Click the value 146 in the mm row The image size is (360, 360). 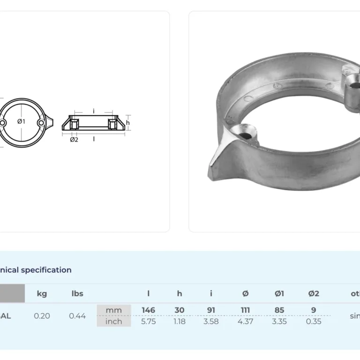pyautogui.click(x=148, y=310)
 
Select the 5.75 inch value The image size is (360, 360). pyautogui.click(x=148, y=322)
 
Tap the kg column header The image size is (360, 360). pyautogui.click(x=42, y=294)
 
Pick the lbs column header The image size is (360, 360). pyautogui.click(x=77, y=294)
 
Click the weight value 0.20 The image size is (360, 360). pyautogui.click(x=42, y=316)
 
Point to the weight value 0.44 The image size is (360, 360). pyautogui.click(x=77, y=316)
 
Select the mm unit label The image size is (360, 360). pyautogui.click(x=113, y=310)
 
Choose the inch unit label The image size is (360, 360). pyautogui.click(x=113, y=322)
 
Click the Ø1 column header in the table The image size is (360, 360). pyautogui.click(x=279, y=294)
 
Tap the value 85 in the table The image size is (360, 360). pyautogui.click(x=279, y=310)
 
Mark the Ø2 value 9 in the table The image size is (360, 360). pyautogui.click(x=314, y=310)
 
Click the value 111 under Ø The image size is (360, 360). pyautogui.click(x=245, y=310)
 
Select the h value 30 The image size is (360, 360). pyautogui.click(x=180, y=310)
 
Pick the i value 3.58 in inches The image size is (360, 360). pyautogui.click(x=211, y=322)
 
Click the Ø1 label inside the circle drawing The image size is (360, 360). pyautogui.click(x=21, y=122)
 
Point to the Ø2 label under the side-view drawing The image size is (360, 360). pyautogui.click(x=74, y=140)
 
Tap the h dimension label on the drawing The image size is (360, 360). pyautogui.click(x=127, y=122)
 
